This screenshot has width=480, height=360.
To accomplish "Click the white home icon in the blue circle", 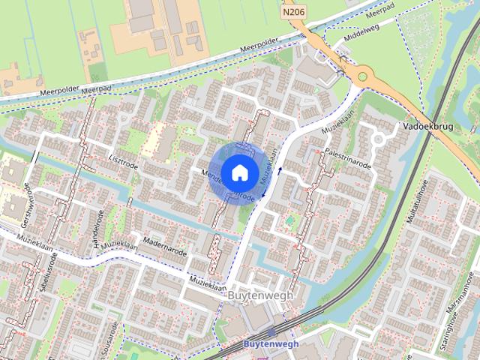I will coord(239,172).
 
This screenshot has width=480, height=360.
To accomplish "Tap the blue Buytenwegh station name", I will coord(271,344).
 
